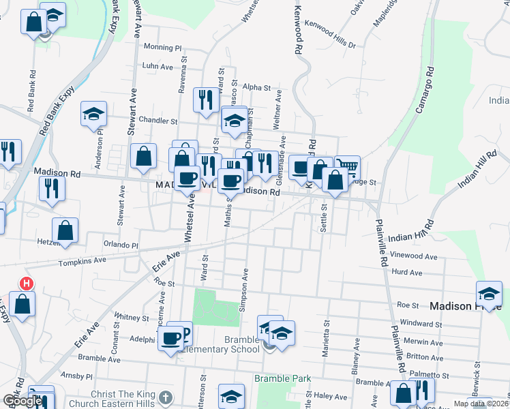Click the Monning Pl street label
click(163, 48)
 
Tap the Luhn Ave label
click(158, 67)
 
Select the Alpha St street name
click(256, 88)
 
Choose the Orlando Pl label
click(121, 245)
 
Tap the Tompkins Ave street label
click(82, 261)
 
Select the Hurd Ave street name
click(407, 272)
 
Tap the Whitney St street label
click(132, 318)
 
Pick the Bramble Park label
click(282, 378)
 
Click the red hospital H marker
click(26, 283)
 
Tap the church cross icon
click(165, 397)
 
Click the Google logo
click(22, 401)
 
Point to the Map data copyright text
click(484, 404)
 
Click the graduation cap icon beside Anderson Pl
click(94, 114)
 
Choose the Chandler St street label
click(157, 121)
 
